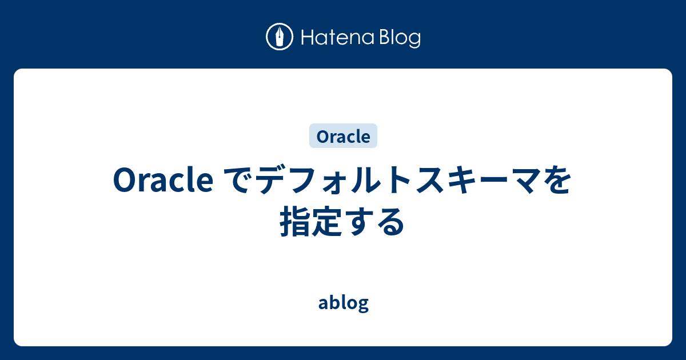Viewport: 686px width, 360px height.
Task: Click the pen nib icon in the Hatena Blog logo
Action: (280, 38)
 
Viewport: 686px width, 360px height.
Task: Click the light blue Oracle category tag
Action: (343, 137)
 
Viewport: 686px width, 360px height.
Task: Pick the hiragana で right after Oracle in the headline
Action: (234, 182)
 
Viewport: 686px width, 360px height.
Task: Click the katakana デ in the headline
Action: (267, 182)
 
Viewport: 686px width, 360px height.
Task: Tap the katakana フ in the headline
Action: (299, 182)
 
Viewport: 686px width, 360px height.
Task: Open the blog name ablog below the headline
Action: (343, 303)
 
